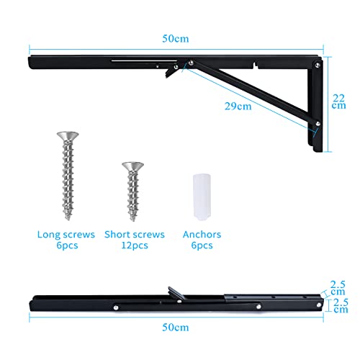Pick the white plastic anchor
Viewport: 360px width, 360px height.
click(202, 197)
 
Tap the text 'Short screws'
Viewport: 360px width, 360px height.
click(135, 235)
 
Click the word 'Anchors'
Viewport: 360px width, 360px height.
click(202, 235)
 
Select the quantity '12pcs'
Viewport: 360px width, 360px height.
click(135, 246)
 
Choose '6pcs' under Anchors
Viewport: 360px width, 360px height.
click(202, 246)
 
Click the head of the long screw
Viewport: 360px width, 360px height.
click(67, 135)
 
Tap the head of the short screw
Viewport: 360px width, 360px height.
click(132, 166)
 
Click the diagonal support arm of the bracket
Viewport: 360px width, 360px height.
click(252, 94)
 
